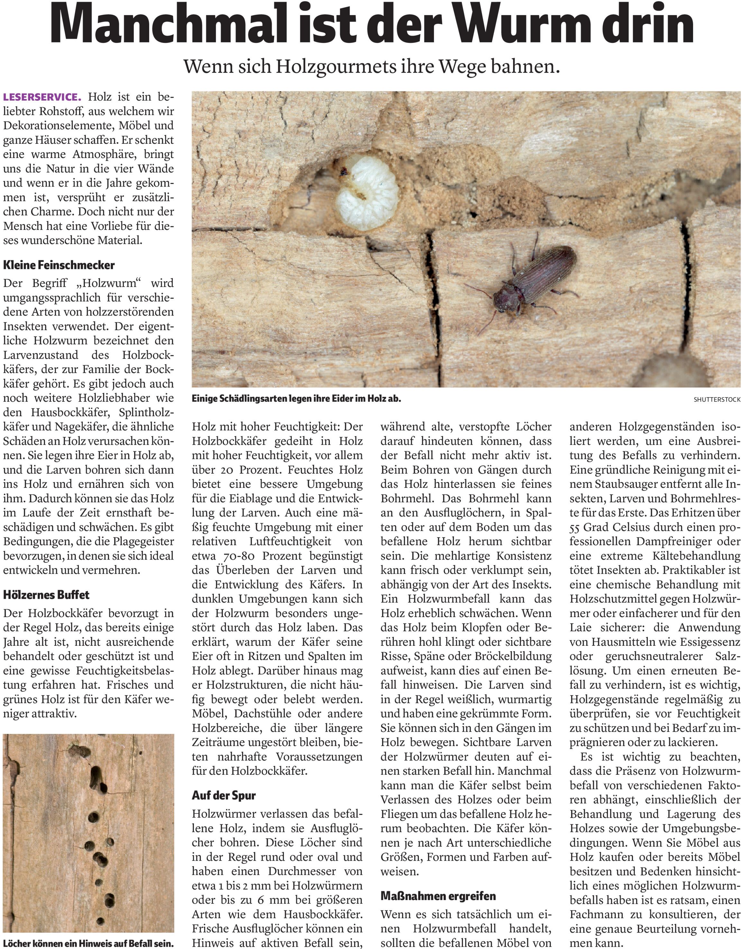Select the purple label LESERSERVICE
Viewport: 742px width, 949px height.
(42, 96)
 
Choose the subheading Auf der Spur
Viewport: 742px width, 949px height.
(224, 795)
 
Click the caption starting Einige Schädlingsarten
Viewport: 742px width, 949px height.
(296, 398)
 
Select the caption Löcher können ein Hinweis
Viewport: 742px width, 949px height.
(88, 943)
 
